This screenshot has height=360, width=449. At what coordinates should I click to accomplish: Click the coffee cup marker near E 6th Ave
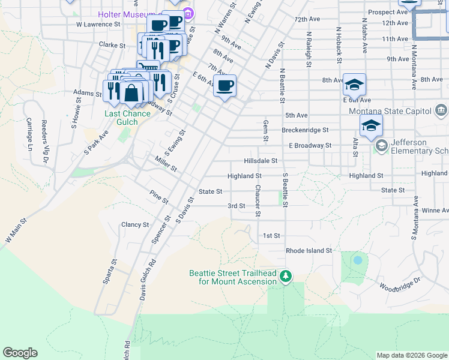click(x=224, y=86)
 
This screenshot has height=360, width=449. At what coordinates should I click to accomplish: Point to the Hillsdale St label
click(x=261, y=161)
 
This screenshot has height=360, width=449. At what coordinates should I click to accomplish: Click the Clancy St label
click(x=135, y=224)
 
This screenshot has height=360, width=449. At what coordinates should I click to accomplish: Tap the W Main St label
click(x=17, y=231)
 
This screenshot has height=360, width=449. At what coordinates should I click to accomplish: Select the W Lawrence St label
click(x=98, y=25)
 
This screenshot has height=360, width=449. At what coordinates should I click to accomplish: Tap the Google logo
click(x=20, y=353)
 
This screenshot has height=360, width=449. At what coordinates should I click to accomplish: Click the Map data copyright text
click(x=411, y=355)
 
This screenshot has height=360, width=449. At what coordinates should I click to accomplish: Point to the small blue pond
click(x=358, y=260)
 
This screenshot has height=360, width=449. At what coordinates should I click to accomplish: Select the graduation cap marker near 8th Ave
click(x=354, y=85)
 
